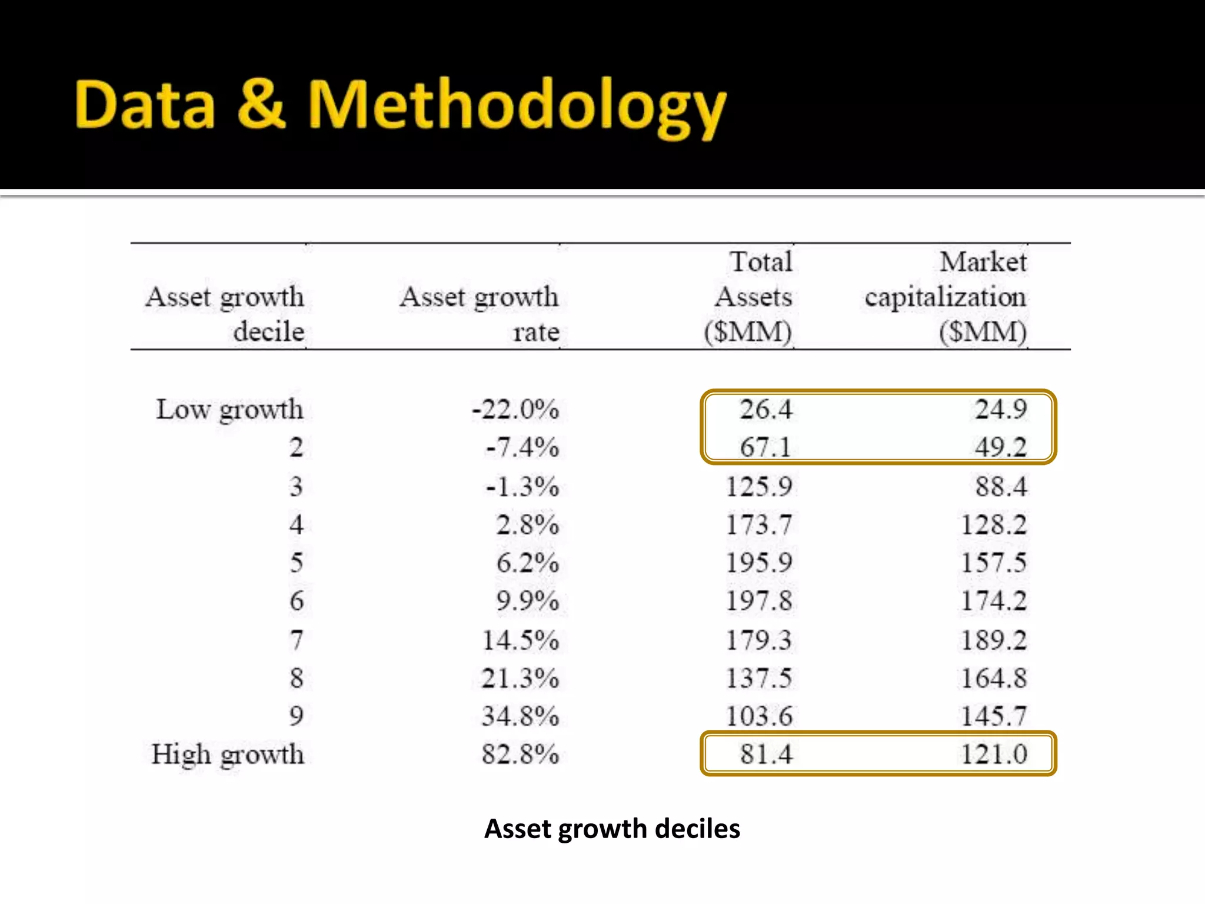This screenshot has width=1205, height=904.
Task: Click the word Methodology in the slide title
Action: (517, 106)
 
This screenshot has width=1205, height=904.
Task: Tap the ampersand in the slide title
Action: (261, 105)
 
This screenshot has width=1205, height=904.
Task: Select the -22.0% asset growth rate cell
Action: (515, 410)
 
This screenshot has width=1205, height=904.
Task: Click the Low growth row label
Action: (229, 410)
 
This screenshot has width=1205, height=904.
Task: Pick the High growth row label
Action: (228, 755)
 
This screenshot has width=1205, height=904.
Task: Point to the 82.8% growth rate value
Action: (520, 755)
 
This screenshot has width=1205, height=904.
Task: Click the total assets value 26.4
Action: (765, 410)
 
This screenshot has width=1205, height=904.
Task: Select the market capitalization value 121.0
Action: (994, 755)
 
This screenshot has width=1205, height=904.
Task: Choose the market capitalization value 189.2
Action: (994, 640)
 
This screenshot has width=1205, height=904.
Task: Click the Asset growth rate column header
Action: (480, 314)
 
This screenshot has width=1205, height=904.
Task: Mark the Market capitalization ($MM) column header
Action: (946, 297)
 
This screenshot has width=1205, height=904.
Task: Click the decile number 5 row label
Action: (297, 563)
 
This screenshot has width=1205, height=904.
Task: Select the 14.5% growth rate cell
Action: (520, 640)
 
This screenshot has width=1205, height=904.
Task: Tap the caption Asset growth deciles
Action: (612, 829)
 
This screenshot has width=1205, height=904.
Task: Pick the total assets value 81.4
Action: (766, 755)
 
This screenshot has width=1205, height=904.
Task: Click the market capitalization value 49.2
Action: (1001, 448)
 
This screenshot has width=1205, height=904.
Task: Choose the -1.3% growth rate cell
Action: (522, 487)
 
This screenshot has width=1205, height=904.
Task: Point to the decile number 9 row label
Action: (297, 716)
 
